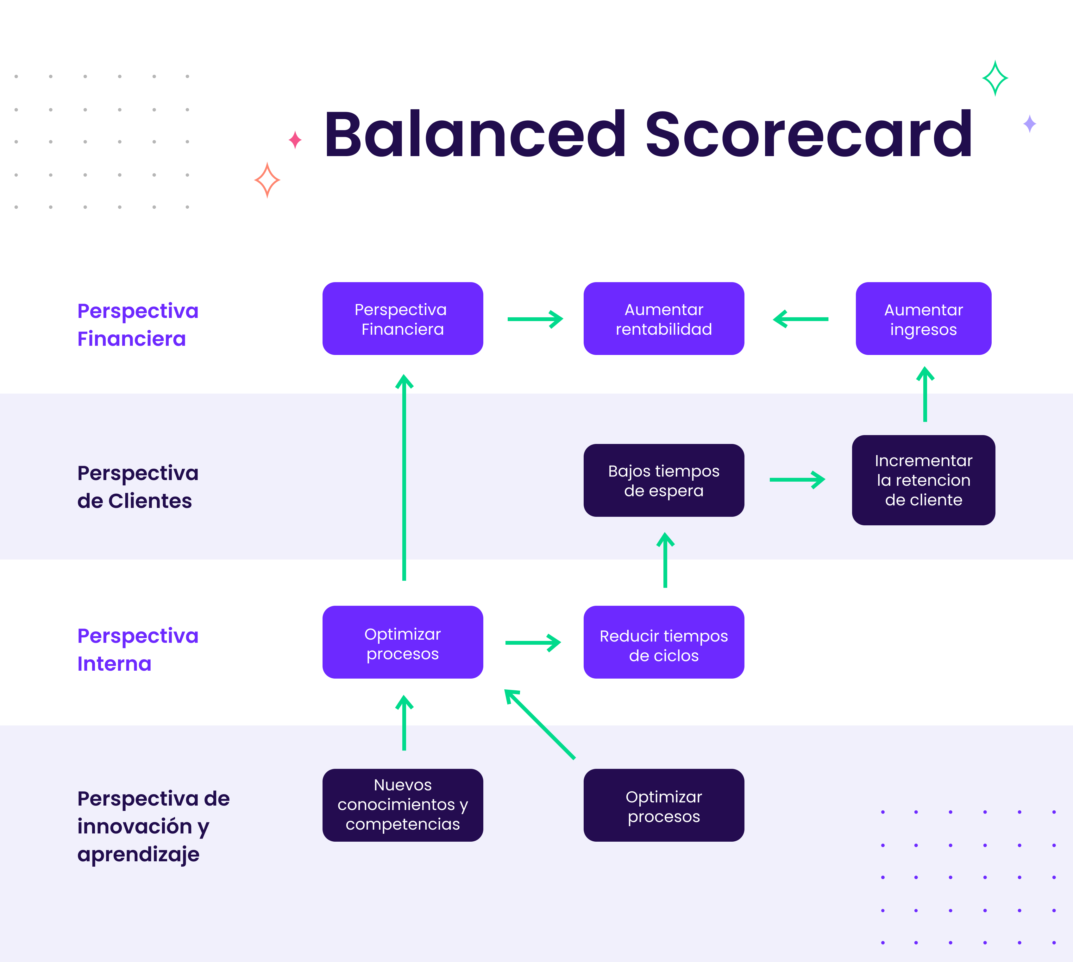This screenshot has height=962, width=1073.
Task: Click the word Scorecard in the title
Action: click(808, 135)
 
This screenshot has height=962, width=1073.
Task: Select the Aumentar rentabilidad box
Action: click(663, 319)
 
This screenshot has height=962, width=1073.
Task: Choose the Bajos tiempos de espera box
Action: click(663, 480)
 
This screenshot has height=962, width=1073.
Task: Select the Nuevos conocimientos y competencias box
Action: click(403, 805)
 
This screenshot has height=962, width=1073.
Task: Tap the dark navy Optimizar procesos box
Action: click(663, 805)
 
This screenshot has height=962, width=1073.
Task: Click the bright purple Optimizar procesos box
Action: click(403, 642)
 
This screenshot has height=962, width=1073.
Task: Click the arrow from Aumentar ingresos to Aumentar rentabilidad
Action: click(800, 319)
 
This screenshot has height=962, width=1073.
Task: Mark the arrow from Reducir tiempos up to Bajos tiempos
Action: click(665, 560)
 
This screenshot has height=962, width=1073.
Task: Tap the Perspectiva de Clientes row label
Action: click(137, 487)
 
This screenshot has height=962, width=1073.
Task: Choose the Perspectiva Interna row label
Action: click(137, 649)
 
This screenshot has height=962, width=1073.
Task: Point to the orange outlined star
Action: click(267, 180)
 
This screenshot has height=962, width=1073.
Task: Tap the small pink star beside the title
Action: click(295, 140)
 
